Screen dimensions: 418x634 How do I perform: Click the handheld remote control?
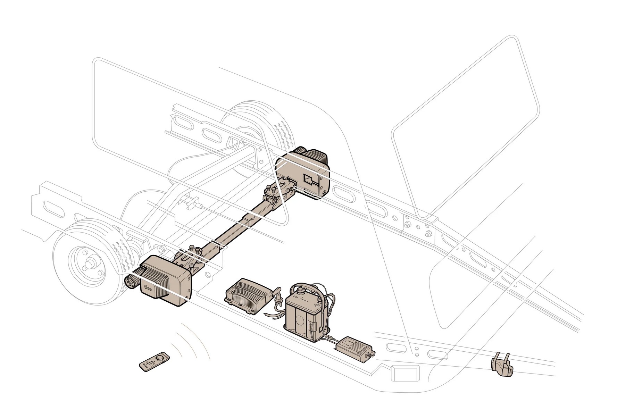pyautogui.click(x=155, y=361)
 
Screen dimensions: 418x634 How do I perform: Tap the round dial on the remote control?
pyautogui.click(x=160, y=357)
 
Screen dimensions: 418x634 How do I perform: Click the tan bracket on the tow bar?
pyautogui.click(x=501, y=365)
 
